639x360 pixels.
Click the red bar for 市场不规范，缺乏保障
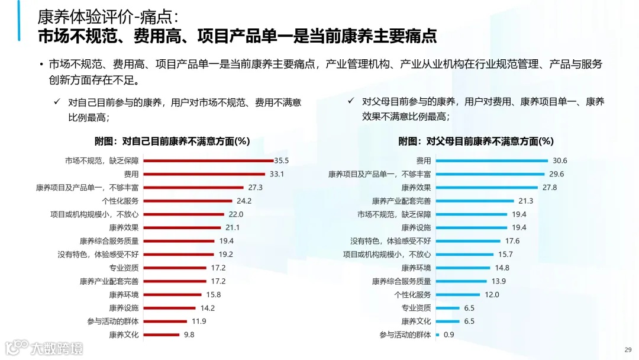click(x=207, y=160)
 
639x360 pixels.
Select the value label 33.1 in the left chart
click(x=277, y=174)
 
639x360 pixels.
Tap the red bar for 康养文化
click(x=160, y=335)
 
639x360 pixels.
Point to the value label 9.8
click(x=188, y=335)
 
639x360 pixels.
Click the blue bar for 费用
click(x=492, y=160)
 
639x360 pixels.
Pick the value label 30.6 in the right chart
click(x=560, y=160)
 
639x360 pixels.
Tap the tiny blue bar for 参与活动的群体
click(x=437, y=335)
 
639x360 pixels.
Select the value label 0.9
click(x=449, y=335)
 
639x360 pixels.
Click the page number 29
click(x=628, y=349)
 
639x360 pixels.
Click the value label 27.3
click(x=255, y=187)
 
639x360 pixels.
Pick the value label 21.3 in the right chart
click(x=525, y=201)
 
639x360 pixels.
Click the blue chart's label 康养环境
click(x=416, y=268)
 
